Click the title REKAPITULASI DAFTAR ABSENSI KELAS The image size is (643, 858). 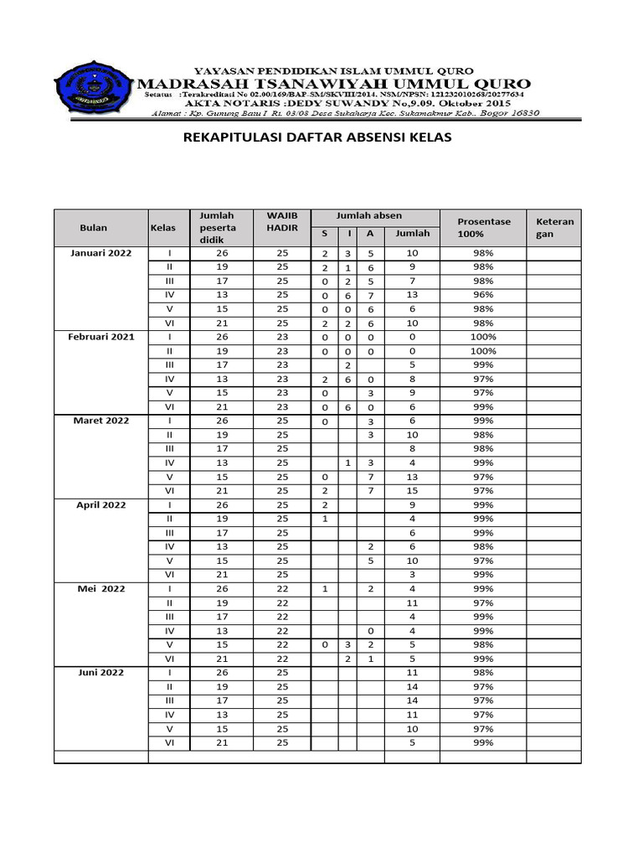(316, 138)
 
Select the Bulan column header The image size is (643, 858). (94, 228)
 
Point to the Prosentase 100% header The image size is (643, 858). (483, 228)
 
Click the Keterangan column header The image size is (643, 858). (554, 228)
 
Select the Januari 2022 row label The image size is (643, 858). (100, 253)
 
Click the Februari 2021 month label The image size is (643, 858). (100, 337)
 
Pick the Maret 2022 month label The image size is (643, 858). (100, 421)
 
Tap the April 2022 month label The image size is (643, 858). (100, 505)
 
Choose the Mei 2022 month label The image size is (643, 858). (100, 589)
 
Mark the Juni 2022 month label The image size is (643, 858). (100, 673)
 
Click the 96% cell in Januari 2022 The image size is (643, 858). (483, 295)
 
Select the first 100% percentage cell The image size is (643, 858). (483, 337)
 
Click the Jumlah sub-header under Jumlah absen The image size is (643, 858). (412, 234)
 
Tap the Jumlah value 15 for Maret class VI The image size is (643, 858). (412, 491)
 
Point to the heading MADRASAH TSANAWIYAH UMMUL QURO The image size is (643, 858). (333, 84)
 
